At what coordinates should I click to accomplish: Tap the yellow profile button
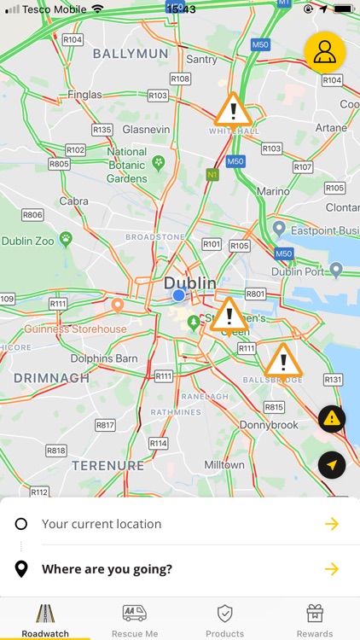[x=325, y=51]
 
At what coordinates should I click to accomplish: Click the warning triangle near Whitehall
[x=231, y=110]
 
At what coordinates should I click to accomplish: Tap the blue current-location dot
[x=178, y=295]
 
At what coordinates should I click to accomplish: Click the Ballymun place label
[x=131, y=53]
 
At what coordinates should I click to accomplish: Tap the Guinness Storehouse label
[x=75, y=329]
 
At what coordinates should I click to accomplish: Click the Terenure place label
[x=107, y=465]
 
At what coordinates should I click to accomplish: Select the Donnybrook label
[x=269, y=424]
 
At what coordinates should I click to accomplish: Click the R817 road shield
[x=105, y=425]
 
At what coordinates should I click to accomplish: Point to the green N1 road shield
[x=212, y=174]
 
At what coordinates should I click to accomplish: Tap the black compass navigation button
[x=332, y=464]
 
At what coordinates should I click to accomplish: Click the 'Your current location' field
[x=102, y=524]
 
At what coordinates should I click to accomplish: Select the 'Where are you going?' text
[x=107, y=569]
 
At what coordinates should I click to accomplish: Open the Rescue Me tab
[x=135, y=621]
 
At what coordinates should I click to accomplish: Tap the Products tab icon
[x=224, y=614]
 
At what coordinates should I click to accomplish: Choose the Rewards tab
[x=315, y=621]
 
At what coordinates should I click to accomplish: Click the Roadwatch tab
[x=45, y=621]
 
